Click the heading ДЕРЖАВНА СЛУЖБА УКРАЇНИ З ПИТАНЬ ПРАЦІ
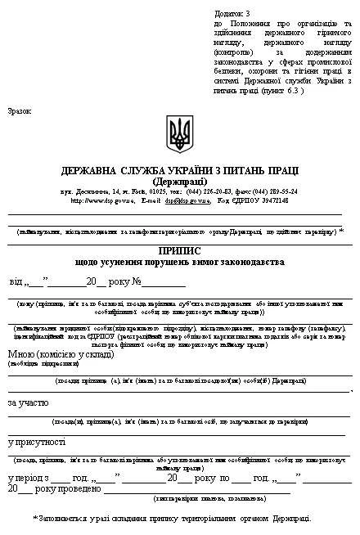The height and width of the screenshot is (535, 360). coord(179,171)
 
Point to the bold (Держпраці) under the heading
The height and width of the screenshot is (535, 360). coord(179,181)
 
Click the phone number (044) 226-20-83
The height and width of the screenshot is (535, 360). coord(198,191)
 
